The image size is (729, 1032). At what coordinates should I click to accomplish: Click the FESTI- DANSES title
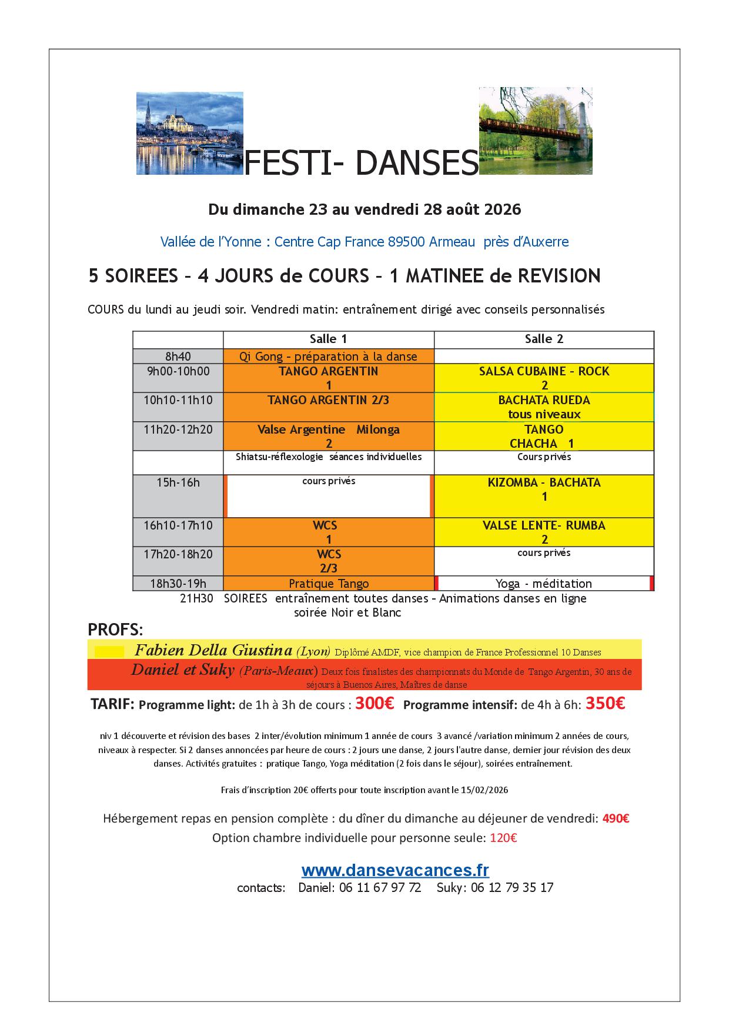pos(360,164)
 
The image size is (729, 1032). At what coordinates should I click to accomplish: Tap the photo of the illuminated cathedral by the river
pos(189,133)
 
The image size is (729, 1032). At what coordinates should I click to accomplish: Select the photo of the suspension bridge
pos(535,131)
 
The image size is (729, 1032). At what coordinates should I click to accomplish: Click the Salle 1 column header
pos(328,339)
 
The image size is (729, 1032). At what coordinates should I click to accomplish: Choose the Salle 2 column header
pos(544,339)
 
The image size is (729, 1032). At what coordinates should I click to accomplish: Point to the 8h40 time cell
pos(178,356)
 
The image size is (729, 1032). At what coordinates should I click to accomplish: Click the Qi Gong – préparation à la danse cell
pos(328,356)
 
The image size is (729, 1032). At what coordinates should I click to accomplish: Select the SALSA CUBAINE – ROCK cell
pos(544,378)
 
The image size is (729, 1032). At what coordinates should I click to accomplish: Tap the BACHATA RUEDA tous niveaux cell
pos(544,407)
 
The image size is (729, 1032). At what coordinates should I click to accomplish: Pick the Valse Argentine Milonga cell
pos(328,436)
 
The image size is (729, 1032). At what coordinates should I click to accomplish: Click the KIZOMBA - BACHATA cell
pos(544,489)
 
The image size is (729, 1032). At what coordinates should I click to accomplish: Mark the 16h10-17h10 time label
pos(178,525)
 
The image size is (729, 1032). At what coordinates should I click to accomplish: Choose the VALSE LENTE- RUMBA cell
pos(544,532)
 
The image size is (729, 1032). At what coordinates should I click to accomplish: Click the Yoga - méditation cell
pos(544,584)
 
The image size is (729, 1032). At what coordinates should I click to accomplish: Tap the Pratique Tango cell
pos(328,584)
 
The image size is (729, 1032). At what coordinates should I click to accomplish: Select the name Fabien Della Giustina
pos(213,650)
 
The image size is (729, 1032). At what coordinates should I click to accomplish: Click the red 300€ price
pos(374,704)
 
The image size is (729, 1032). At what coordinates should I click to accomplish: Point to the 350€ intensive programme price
pos(606,704)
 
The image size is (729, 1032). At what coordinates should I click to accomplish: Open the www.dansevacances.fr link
pos(395,870)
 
